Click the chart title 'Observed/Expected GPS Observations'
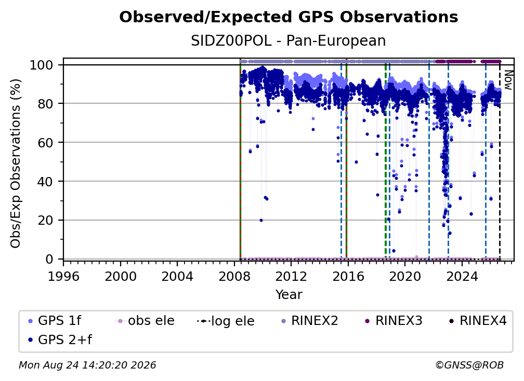point(289,17)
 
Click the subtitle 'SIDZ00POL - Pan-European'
point(289,40)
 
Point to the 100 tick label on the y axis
point(42,65)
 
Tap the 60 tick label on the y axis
point(45,142)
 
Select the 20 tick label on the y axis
point(45,220)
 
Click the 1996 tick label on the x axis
point(63,276)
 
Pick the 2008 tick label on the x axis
point(234,276)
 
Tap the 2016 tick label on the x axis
point(348,276)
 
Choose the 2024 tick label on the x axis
point(462,276)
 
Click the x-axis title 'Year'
point(289,294)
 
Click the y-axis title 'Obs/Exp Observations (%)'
point(16,164)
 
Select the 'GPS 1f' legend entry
point(55,321)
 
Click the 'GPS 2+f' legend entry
point(60,339)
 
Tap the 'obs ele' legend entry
point(145,321)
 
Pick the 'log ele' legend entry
point(226,321)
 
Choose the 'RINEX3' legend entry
point(394,321)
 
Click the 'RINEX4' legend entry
point(478,321)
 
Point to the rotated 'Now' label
point(507,80)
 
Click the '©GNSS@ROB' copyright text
point(469,365)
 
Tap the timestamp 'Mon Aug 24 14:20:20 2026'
point(87,365)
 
